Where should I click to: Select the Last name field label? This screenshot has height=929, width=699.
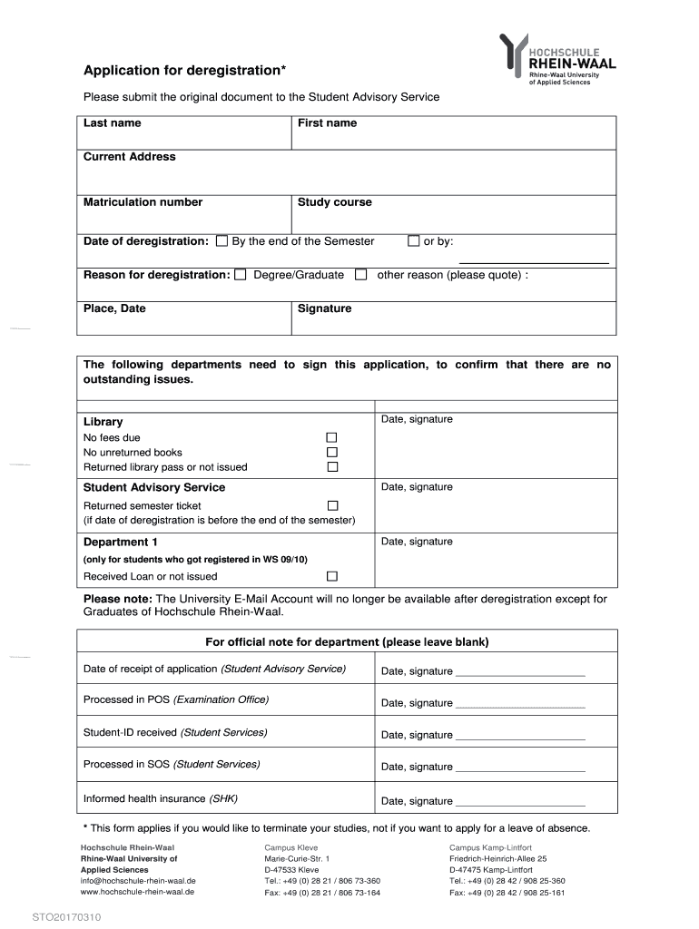(x=113, y=123)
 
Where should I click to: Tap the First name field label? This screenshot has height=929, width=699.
(x=327, y=123)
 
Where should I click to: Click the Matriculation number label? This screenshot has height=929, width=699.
(x=143, y=202)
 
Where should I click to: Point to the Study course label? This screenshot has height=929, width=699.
(x=334, y=202)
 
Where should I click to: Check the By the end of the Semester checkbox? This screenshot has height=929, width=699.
(x=222, y=241)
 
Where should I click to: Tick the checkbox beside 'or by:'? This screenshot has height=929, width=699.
(x=414, y=241)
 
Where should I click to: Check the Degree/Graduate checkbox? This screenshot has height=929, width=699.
(x=241, y=275)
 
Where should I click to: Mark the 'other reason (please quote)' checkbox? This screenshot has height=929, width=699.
(x=361, y=275)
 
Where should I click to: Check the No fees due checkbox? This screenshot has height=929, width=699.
(x=332, y=437)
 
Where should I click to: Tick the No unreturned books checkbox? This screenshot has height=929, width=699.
(x=332, y=452)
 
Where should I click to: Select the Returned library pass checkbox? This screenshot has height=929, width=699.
(x=332, y=467)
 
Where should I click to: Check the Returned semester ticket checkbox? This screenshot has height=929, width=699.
(x=332, y=505)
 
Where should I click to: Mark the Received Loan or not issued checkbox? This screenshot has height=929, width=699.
(x=332, y=576)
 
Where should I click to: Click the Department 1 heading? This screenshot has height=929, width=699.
(x=121, y=543)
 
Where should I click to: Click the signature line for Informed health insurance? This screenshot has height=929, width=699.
(x=520, y=803)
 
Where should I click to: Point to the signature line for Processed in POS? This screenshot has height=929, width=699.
(x=520, y=705)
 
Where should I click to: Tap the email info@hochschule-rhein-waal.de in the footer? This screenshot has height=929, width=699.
(x=138, y=881)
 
